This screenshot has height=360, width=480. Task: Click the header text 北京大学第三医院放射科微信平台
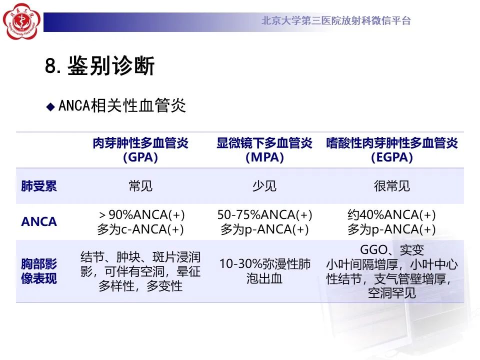coord(336,21)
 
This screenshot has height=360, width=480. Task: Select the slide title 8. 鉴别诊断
coord(100,66)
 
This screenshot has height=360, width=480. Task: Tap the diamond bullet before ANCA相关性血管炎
coord(50,106)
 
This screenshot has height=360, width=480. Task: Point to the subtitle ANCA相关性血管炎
coord(122,106)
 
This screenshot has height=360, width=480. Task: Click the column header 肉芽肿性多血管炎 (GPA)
coord(140,150)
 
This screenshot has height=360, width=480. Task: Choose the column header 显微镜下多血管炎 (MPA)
coord(264,150)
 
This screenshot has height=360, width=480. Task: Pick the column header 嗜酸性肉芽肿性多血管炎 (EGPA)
coord(392,150)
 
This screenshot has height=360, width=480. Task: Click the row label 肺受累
coord(39,186)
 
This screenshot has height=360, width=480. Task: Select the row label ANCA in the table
coord(39,222)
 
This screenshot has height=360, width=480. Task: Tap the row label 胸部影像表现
coord(39,271)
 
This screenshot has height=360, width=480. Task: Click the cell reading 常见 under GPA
coord(140,186)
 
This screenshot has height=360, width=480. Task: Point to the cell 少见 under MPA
coord(264,186)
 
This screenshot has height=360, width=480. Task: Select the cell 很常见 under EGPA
coord(392,186)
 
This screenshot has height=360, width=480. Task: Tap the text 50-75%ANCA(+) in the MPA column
coord(264,215)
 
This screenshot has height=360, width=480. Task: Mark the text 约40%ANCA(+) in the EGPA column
coord(392,215)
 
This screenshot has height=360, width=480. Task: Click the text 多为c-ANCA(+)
coord(140,229)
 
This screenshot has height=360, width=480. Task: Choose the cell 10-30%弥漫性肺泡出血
coord(264,271)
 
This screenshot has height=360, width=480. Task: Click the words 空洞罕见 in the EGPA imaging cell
coord(392,293)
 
